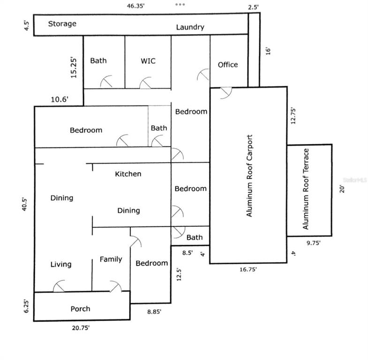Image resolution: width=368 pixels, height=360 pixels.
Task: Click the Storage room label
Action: coord(62,23)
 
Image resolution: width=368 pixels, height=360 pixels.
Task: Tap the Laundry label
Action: coord(190,27)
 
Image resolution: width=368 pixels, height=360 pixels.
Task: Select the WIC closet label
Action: coord(148,61)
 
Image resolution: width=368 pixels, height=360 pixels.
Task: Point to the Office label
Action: coord(228,65)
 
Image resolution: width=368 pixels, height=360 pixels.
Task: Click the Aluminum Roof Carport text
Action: coord(250,176)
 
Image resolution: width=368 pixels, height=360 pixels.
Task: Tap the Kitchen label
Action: coord(128,174)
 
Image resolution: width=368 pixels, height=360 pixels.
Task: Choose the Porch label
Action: coord(80,308)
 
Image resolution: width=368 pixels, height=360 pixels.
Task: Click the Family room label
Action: coord(111,259)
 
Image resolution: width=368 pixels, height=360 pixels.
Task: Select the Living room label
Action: coord(61,264)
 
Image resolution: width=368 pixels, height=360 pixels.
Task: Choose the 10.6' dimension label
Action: coord(60,99)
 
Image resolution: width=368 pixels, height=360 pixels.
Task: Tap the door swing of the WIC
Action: coord(146,82)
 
